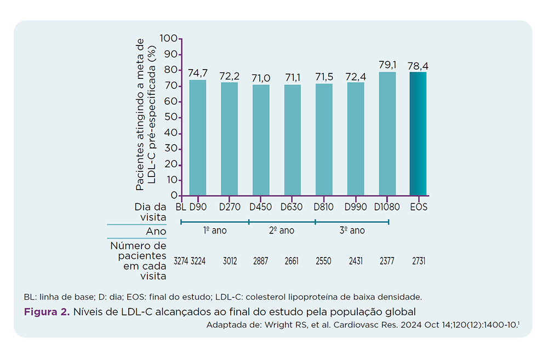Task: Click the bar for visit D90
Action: (x=198, y=138)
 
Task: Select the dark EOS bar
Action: (x=418, y=134)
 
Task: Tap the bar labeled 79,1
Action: (x=387, y=134)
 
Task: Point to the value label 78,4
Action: (x=418, y=66)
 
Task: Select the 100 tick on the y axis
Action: (x=169, y=39)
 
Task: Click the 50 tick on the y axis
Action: (x=171, y=117)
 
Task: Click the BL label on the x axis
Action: (x=181, y=207)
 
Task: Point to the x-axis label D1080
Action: (x=387, y=207)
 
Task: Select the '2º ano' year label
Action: (x=282, y=231)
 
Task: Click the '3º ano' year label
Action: (x=352, y=231)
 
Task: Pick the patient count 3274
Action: (x=181, y=261)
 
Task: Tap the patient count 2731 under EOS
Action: (x=418, y=261)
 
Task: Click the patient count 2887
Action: (x=261, y=261)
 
